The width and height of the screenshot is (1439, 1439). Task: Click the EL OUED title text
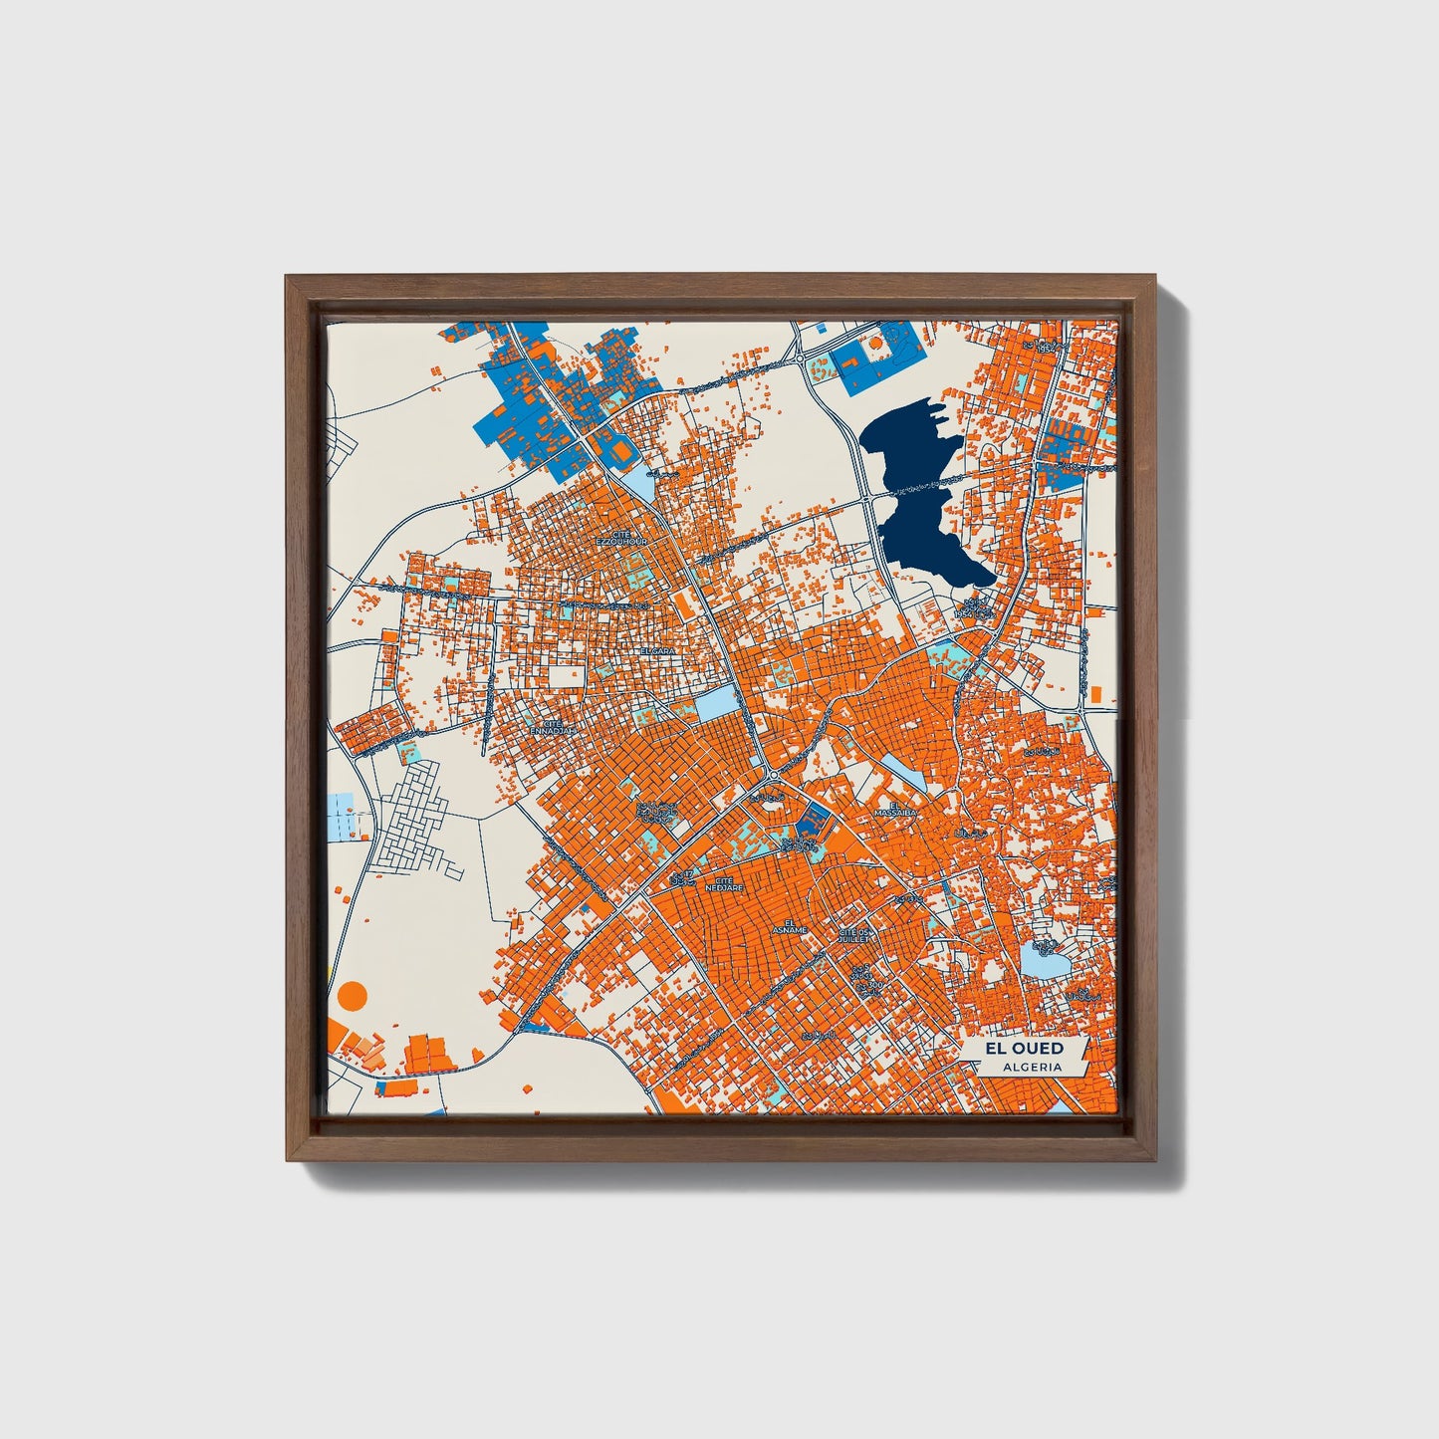[x=1024, y=1049]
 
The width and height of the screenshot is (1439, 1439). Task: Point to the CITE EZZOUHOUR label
[x=621, y=538]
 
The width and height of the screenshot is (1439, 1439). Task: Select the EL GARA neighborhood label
[x=658, y=650]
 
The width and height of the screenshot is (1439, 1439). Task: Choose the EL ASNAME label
[x=794, y=927]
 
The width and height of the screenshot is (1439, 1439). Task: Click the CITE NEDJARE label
[x=724, y=883]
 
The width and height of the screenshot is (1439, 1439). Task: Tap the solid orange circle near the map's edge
[x=353, y=994]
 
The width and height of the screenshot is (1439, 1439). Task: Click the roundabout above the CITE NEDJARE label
[x=773, y=775]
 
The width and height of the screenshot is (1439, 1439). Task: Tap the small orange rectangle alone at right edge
[x=1095, y=693]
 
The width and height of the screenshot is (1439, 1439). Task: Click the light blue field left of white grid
[x=342, y=816]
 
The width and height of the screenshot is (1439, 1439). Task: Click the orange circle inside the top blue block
[x=875, y=342]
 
